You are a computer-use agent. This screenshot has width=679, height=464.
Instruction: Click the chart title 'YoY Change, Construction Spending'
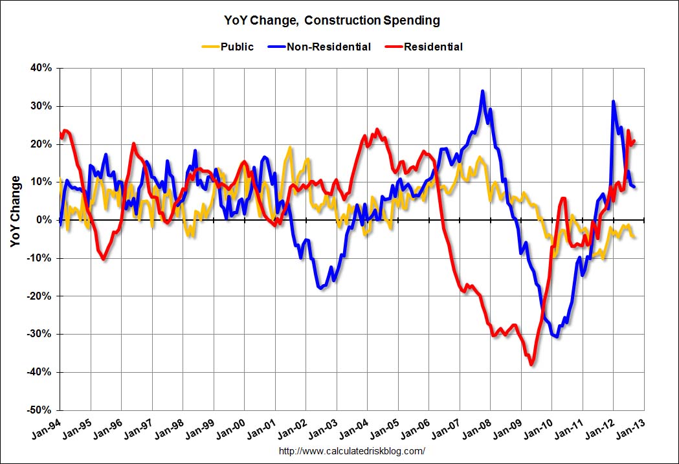coord(339,20)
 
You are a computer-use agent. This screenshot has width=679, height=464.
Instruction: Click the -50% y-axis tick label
coord(41,410)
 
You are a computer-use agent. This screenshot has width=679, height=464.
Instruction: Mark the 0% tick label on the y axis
coord(45,220)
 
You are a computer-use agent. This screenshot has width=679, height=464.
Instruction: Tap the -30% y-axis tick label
coord(41,334)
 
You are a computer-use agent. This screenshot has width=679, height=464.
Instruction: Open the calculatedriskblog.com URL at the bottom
coord(351,451)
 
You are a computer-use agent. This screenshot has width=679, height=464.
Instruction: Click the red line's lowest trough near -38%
coord(531,365)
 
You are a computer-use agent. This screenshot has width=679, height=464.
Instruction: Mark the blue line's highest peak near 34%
coord(482,91)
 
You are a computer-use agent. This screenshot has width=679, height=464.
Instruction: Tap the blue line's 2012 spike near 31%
coord(613,102)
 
